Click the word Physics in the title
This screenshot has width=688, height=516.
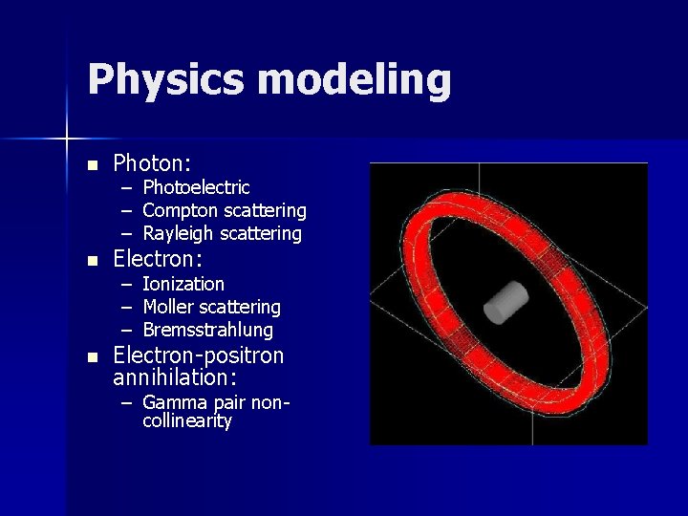click(x=167, y=80)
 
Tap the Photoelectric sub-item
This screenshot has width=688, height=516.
click(x=196, y=187)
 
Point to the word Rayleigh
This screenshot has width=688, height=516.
click(x=179, y=233)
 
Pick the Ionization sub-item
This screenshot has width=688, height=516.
click(x=183, y=284)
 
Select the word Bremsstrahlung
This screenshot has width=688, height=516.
click(x=207, y=330)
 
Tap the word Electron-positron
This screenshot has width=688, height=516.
click(x=199, y=355)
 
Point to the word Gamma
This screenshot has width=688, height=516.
click(x=170, y=403)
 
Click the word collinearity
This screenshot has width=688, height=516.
click(x=187, y=420)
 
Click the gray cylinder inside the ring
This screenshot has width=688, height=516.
click(x=506, y=303)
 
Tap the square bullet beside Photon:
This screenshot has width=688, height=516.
click(x=92, y=165)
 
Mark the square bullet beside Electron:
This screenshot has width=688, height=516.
click(x=92, y=260)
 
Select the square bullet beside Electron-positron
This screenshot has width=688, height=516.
click(x=92, y=356)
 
